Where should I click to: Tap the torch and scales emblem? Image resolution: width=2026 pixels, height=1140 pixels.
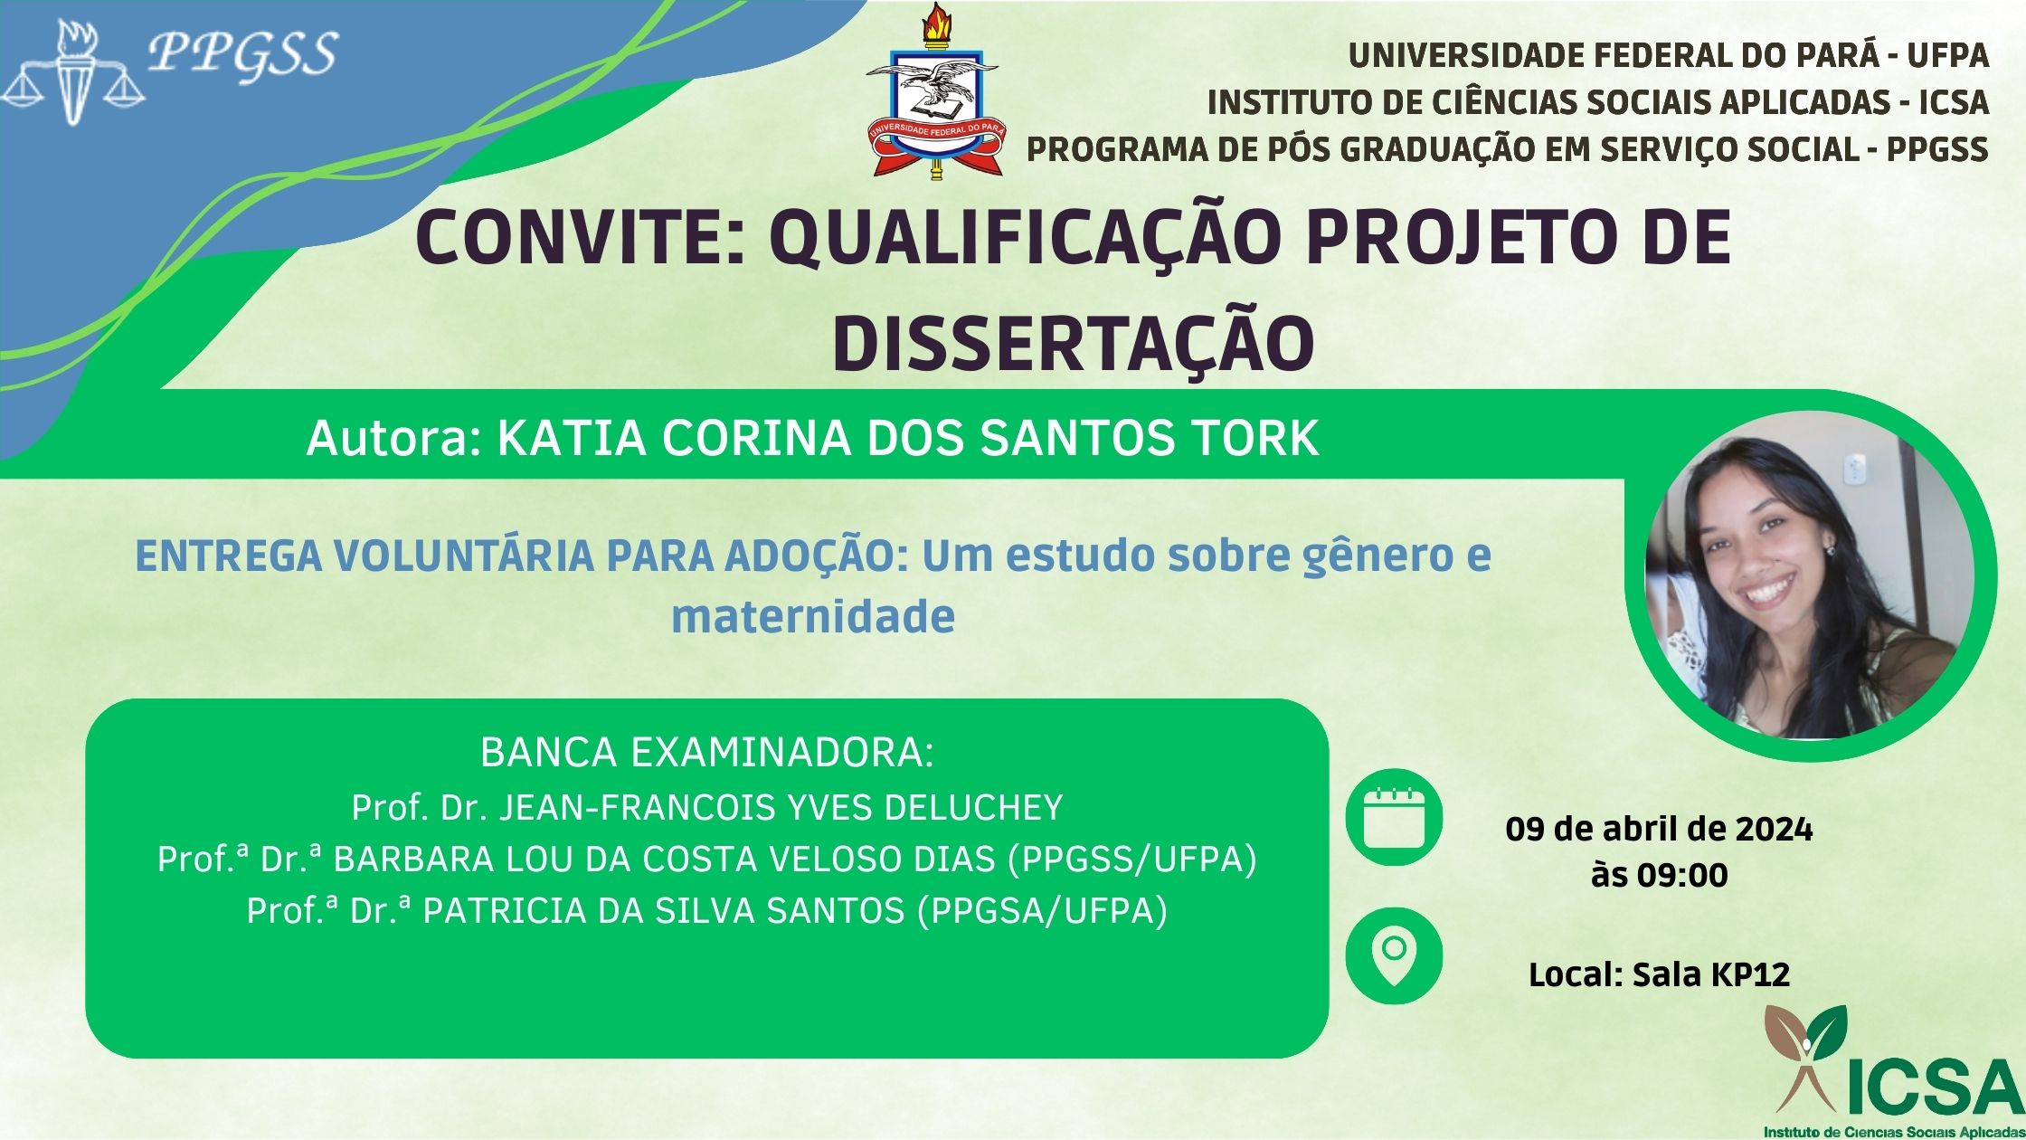pyautogui.click(x=73, y=72)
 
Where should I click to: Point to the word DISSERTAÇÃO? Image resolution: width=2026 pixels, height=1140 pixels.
pyautogui.click(x=1073, y=343)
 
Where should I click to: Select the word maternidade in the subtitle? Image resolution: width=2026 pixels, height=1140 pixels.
pyautogui.click(x=813, y=616)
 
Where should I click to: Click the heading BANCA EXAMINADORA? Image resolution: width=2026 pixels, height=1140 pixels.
pyautogui.click(x=706, y=753)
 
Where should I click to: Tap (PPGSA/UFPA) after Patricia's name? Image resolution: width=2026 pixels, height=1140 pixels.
pyautogui.click(x=1042, y=911)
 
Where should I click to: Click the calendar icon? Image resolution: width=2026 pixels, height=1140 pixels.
pyautogui.click(x=1394, y=818)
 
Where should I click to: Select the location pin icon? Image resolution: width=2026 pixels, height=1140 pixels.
pyautogui.click(x=1394, y=955)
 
